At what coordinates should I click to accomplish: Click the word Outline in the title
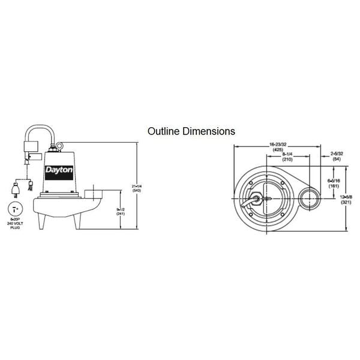coord(164,130)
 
